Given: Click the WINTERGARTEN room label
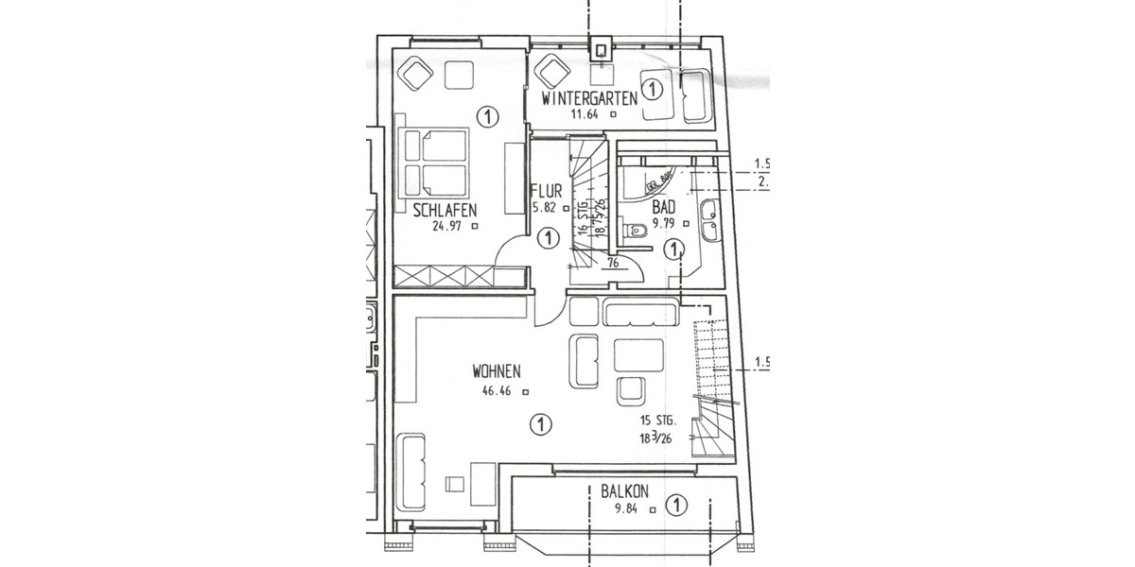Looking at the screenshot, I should [587, 97].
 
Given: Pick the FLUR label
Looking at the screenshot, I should [548, 189].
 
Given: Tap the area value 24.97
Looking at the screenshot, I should [444, 225].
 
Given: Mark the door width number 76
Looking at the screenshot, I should [613, 264].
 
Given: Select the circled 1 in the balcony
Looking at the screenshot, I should [675, 506].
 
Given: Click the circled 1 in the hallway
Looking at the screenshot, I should [546, 239].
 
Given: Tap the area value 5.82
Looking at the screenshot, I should [548, 207].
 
